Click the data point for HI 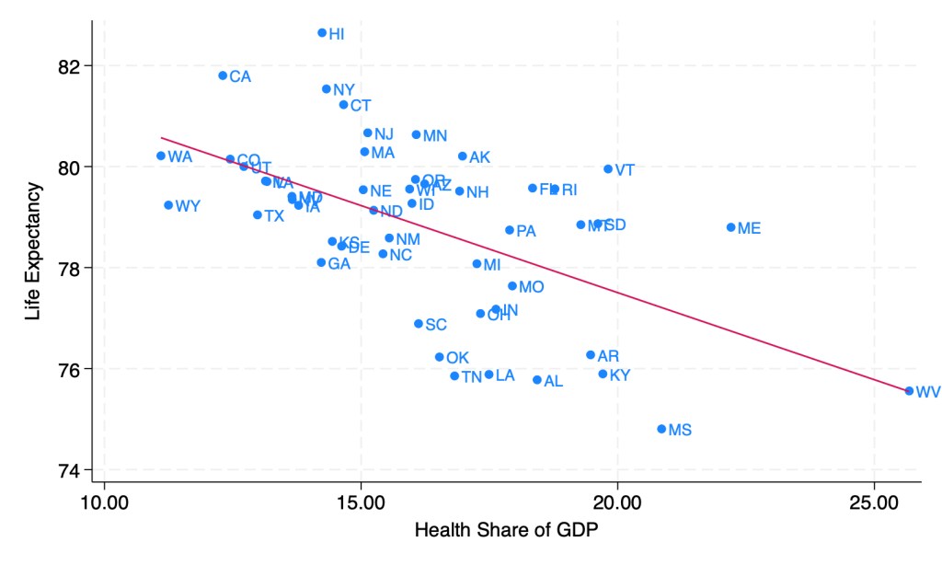322,33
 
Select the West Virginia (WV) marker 909,391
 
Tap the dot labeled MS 661,429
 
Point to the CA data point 223,75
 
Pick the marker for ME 730,227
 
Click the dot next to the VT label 608,169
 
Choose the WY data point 168,205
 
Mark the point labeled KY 603,375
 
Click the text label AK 479,157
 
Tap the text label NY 344,90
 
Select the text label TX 274,216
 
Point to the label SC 436,325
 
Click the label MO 531,287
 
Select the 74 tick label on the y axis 71,470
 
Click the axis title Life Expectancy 34,251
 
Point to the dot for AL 537,380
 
